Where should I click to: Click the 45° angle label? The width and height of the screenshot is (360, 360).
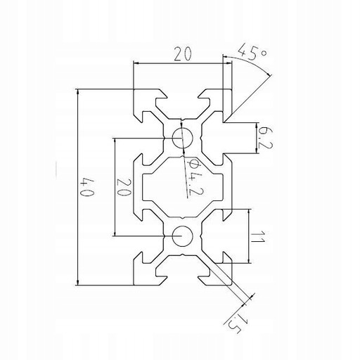(252, 52)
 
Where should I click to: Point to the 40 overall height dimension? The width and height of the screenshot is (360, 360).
(87, 187)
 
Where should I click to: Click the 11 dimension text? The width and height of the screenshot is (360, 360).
(258, 237)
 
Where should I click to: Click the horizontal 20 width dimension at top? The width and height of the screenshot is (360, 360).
(183, 53)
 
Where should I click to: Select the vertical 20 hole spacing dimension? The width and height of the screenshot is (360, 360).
(123, 188)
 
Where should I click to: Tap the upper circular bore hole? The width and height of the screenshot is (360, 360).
(182, 138)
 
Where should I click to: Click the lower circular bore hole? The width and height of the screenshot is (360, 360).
(182, 236)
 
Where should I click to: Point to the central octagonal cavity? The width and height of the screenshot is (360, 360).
(182, 187)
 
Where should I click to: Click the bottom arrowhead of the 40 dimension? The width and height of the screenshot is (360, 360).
(77, 283)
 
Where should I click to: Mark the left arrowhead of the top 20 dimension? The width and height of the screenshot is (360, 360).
(136, 63)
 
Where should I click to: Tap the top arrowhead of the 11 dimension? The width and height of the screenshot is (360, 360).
(248, 211)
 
